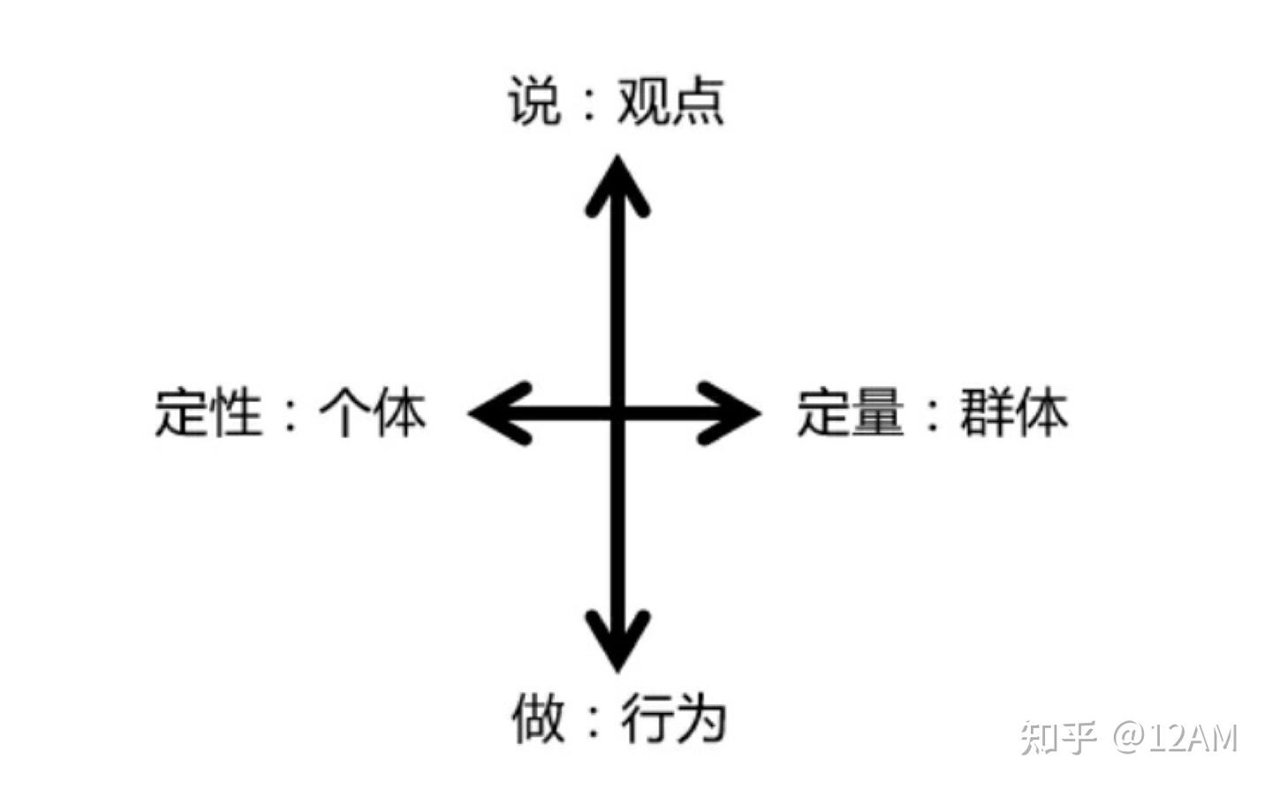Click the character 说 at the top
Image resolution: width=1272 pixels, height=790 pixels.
coord(534,101)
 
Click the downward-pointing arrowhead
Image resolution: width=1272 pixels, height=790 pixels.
coord(617,641)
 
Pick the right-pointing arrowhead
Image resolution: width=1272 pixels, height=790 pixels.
coord(731,412)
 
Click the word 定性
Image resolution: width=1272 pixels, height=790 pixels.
coord(208,412)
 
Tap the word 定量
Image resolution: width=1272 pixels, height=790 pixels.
coord(851,412)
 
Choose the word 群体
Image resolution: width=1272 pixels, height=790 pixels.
coord(1014,412)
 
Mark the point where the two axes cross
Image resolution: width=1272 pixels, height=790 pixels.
coord(617,412)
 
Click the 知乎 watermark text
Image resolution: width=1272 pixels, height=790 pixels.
coord(1057,736)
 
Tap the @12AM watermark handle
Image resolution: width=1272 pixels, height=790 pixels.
coord(1176,736)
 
